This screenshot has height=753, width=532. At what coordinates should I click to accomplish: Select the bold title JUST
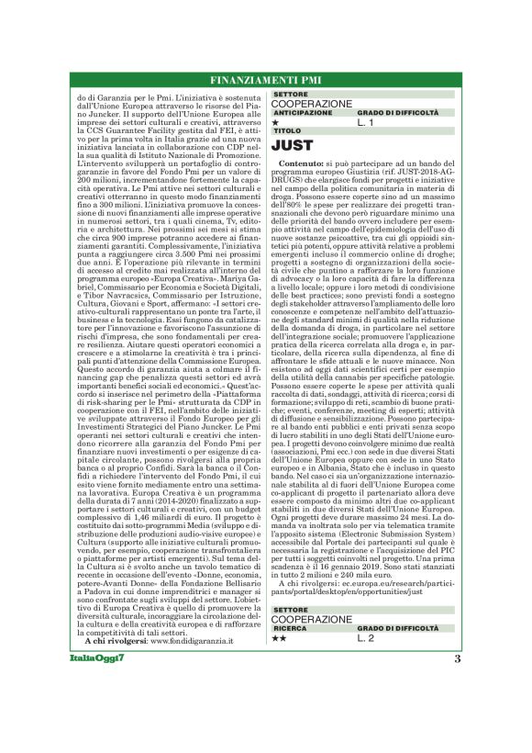tap(294, 145)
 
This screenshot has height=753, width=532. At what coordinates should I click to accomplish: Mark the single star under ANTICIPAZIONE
tap(275, 121)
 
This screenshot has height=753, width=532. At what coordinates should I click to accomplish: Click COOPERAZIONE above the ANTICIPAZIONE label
tap(311, 104)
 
